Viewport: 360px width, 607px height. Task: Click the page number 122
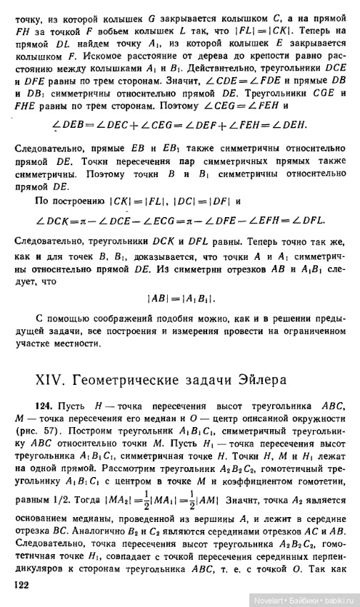click(23, 583)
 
